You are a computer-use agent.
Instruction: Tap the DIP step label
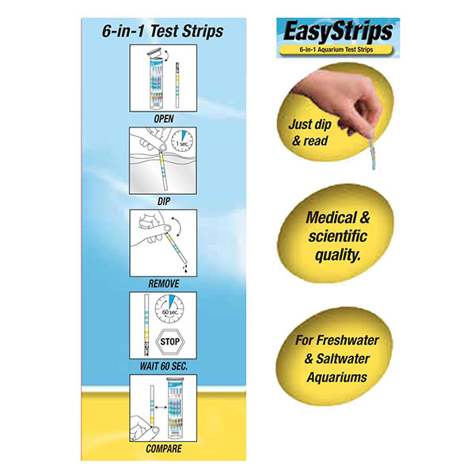(x=162, y=201)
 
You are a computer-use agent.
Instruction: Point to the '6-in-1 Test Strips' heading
(x=161, y=32)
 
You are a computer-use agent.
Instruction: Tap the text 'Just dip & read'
(x=311, y=131)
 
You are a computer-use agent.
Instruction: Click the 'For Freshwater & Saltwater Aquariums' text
(x=339, y=359)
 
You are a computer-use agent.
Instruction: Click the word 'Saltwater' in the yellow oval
(x=344, y=359)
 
